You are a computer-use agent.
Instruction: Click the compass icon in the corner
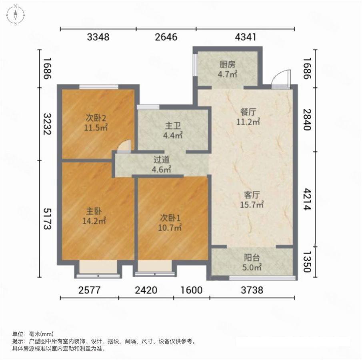tap(16, 15)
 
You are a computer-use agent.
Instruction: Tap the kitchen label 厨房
tap(228, 65)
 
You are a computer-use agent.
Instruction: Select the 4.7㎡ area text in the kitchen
tap(228, 74)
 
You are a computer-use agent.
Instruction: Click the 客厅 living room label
tap(252, 195)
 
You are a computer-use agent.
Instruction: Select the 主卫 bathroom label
tap(173, 126)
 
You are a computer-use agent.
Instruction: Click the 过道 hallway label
tap(162, 160)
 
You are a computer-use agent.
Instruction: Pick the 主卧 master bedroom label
tap(94, 211)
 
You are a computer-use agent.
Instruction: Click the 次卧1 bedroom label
tap(170, 218)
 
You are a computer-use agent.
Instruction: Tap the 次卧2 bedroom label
tap(96, 118)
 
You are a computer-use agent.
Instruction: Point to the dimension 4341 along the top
tap(246, 37)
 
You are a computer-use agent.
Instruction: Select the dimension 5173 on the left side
tap(47, 219)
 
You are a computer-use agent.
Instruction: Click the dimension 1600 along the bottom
tap(191, 290)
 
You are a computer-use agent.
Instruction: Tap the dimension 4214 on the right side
tap(307, 199)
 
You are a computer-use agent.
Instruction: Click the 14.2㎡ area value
tap(94, 221)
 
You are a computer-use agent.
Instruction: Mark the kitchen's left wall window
tap(195, 65)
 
